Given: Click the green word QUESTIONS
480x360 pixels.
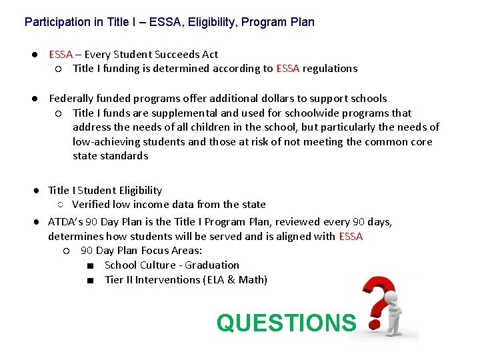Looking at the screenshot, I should [286, 323].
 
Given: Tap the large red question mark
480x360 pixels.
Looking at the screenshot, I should [377, 297].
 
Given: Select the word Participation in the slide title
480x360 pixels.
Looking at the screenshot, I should [57, 22].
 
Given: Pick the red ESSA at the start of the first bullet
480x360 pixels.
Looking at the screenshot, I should [61, 55].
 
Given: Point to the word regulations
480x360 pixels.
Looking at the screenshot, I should [330, 68].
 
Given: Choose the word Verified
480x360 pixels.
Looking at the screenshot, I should [93, 205].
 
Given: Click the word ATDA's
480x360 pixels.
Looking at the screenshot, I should [65, 221].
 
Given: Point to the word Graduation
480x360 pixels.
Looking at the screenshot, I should [212, 265].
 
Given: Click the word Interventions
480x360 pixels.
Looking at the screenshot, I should [167, 280].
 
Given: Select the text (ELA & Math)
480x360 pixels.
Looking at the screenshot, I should [235, 280].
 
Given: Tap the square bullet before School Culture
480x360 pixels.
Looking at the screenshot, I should [89, 265].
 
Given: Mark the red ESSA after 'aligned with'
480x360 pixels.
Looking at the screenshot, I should [351, 236].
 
